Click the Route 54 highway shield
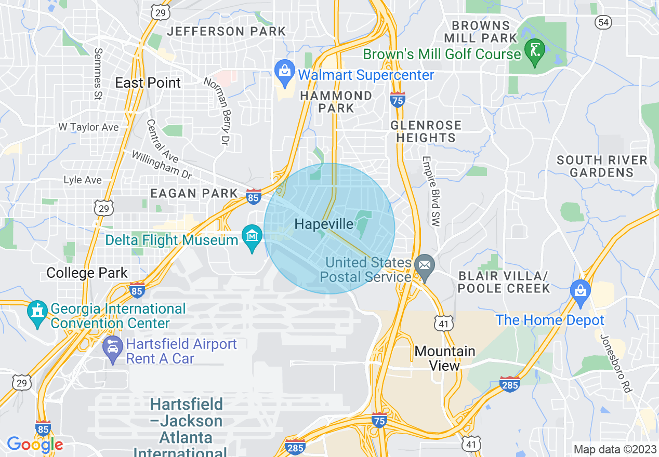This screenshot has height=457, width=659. pyautogui.click(x=603, y=22)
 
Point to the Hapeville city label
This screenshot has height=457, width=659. pyautogui.click(x=324, y=224)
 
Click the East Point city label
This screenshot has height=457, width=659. pyautogui.click(x=148, y=83)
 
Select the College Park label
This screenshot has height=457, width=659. pyautogui.click(x=87, y=273)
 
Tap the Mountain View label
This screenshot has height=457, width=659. pyautogui.click(x=445, y=358)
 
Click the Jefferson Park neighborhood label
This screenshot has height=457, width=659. pyautogui.click(x=226, y=31)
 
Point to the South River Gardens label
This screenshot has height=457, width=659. pyautogui.click(x=602, y=166)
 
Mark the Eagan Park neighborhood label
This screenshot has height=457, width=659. pyautogui.click(x=194, y=194)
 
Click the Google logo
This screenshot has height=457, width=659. pyautogui.click(x=35, y=445)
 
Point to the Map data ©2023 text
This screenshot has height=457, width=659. pyautogui.click(x=614, y=449)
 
